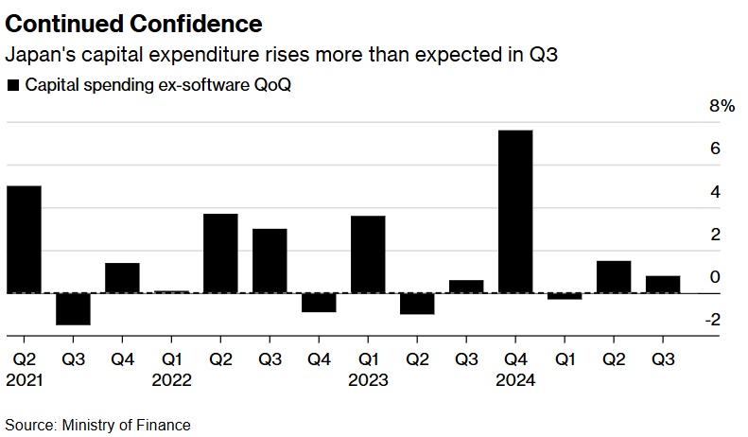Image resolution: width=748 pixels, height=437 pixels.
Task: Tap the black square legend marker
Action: pyautogui.click(x=13, y=85)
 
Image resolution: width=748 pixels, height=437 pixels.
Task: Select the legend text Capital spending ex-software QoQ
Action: pyautogui.click(x=158, y=85)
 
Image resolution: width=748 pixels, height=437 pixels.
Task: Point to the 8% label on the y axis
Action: pyautogui.click(x=722, y=107)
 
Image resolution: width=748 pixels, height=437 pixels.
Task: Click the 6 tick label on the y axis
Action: pyautogui.click(x=716, y=149)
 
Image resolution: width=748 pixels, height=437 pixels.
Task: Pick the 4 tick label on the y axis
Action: pyautogui.click(x=716, y=192)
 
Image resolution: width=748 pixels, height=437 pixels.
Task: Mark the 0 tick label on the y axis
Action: pyautogui.click(x=716, y=277)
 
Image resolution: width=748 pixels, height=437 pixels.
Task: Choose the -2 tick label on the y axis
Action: pyautogui.click(x=713, y=321)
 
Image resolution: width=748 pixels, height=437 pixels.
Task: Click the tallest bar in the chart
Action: pyautogui.click(x=515, y=211)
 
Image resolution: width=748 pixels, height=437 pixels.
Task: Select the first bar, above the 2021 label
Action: pyautogui.click(x=24, y=238)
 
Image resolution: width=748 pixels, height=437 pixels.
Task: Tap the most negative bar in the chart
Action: pyautogui.click(x=73, y=309)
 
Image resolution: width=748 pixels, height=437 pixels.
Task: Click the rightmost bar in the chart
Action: pyautogui.click(x=663, y=284)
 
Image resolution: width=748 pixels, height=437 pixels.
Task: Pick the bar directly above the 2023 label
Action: pyautogui.click(x=368, y=254)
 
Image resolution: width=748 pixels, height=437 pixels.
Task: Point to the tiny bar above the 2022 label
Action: pyautogui.click(x=171, y=291)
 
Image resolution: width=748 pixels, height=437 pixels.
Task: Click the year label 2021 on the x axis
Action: pyautogui.click(x=24, y=380)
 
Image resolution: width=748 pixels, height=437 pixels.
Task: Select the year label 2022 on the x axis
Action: pyautogui.click(x=171, y=380)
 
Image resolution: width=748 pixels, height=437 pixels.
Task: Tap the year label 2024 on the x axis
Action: pyautogui.click(x=515, y=380)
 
